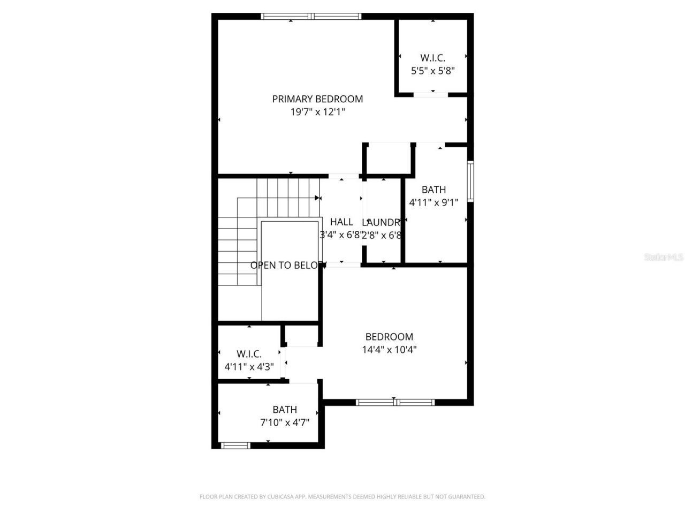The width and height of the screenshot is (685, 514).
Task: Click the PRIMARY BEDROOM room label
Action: click(317, 99)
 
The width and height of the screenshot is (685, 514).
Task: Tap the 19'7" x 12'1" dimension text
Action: click(317, 112)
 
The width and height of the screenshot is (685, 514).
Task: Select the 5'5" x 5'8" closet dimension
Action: click(432, 71)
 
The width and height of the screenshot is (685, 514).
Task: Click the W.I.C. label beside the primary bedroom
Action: click(432, 58)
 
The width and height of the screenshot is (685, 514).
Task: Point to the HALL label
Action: click(341, 222)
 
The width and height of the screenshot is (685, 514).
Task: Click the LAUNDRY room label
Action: click(382, 223)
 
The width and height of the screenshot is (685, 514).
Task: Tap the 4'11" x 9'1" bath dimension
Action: click(433, 203)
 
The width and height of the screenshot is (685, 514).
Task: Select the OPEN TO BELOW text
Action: click(288, 265)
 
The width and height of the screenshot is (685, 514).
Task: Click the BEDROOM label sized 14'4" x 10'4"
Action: click(389, 337)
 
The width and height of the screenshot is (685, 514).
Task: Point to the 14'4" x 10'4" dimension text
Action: click(389, 350)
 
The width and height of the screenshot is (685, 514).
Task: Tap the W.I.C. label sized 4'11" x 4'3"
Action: click(249, 354)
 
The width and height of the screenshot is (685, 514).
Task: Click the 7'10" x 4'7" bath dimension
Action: click(285, 422)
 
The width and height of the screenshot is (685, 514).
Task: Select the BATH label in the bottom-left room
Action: click(285, 410)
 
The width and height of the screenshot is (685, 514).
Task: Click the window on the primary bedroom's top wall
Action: click(311, 17)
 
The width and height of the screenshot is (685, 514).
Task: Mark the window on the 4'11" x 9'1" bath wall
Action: click(470, 181)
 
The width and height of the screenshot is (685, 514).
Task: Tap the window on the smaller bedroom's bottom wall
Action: click(395, 402)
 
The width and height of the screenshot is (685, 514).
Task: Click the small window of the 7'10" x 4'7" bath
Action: click(235, 445)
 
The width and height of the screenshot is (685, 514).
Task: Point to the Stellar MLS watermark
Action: click(663, 258)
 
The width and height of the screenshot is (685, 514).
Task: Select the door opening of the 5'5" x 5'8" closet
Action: click(431, 95)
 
